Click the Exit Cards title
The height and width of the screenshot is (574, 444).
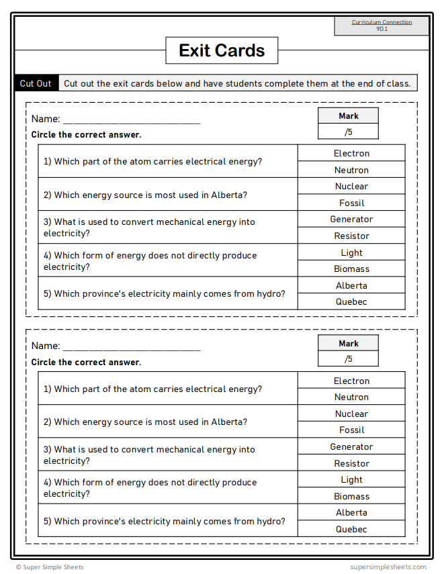[222, 50]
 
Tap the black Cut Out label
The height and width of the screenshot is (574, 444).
[36, 83]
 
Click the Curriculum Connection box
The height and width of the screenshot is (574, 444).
[382, 26]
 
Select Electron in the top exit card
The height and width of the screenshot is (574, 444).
[351, 153]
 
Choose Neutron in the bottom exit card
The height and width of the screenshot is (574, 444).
[351, 397]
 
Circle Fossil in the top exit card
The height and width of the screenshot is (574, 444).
[351, 203]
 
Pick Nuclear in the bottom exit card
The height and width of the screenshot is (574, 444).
[351, 414]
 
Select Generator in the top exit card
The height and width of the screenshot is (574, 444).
[351, 220]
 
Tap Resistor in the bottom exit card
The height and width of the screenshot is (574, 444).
[351, 463]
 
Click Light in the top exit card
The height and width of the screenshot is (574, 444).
[351, 252]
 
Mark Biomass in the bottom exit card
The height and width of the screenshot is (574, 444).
[351, 496]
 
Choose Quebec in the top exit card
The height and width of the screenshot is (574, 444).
[351, 301]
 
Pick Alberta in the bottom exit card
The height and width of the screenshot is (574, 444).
[351, 512]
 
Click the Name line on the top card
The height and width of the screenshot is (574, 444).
[131, 119]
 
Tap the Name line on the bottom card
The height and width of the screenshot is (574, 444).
[131, 346]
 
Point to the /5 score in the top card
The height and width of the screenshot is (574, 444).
[348, 132]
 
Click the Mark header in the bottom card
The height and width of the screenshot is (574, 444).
[348, 343]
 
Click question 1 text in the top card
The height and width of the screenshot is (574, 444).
[152, 162]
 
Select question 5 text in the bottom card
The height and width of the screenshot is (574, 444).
[164, 521]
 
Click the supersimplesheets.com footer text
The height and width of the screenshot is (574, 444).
[388, 567]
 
